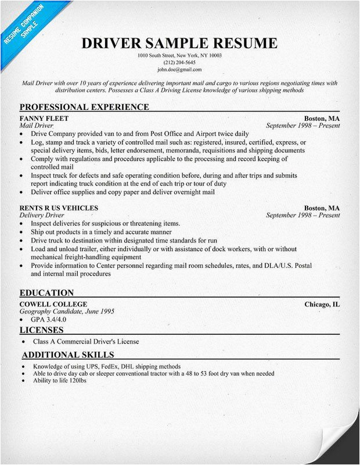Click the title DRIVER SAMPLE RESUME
coord(179,43)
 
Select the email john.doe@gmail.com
coord(179,69)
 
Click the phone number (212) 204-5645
coord(179,62)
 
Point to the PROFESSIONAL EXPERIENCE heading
coord(84,107)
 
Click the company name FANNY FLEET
coord(44,118)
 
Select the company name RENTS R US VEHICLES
coord(59,208)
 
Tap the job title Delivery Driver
coord(44,215)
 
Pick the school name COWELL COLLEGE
coord(53,304)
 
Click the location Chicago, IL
coord(322,304)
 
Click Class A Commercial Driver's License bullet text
coord(86,342)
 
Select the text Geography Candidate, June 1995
coord(67,312)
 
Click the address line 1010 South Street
coord(179,55)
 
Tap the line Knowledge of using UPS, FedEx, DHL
coord(106,367)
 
